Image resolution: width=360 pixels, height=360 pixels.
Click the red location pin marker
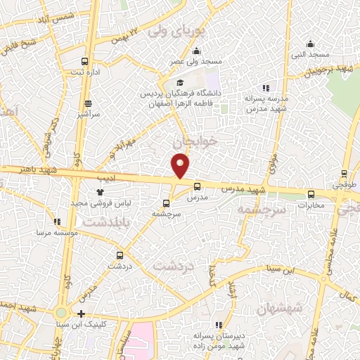181,165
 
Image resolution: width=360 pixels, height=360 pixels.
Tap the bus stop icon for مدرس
196,187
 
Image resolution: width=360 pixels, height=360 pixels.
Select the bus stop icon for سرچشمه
166,204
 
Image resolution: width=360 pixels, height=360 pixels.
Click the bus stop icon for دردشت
119,255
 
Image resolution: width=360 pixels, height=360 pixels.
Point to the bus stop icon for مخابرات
311,195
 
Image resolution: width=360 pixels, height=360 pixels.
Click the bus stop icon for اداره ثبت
85,61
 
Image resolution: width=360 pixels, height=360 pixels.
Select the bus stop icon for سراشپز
87,101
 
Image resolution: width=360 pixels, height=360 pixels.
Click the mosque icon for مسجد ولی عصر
195,51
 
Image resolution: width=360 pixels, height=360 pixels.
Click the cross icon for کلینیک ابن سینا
82,314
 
